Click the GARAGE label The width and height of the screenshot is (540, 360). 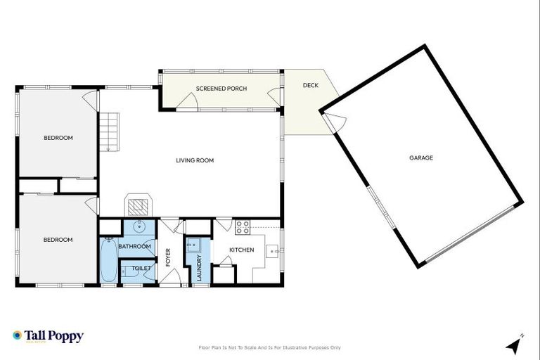click(421, 158)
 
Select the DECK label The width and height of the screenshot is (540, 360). click(310, 85)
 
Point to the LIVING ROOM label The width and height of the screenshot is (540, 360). click(195, 160)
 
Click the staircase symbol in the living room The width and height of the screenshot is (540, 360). click(110, 132)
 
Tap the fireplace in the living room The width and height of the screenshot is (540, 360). click(138, 205)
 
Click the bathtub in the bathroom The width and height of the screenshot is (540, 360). click(108, 261)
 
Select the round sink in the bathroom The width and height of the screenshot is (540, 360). click(139, 227)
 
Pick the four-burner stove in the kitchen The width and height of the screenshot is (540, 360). click(243, 227)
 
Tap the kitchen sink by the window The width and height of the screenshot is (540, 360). click(274, 250)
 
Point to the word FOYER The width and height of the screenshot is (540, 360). click(168, 258)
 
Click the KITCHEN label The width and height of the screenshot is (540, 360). click(241, 250)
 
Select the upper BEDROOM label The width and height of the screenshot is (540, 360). click(58, 138)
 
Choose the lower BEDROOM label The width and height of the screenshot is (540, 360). click(58, 240)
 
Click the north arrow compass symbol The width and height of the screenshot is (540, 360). click(515, 345)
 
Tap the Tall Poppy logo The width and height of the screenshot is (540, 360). click(48, 336)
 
